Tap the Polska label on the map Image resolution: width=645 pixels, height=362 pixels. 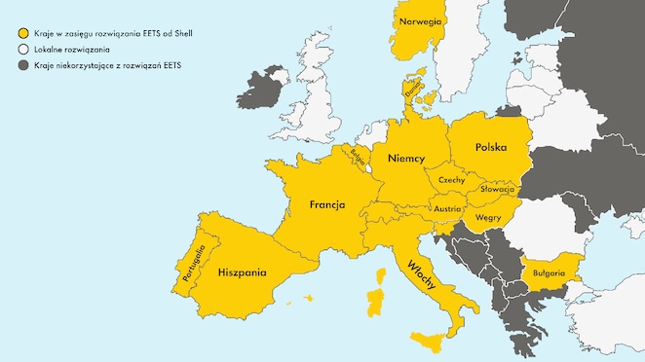(491, 147)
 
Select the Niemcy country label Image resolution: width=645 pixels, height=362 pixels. (404, 157)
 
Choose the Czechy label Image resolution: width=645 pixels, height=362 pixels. (451, 180)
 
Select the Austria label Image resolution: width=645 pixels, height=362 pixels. (447, 208)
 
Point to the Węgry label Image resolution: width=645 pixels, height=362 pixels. (487, 217)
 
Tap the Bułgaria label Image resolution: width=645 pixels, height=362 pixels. (549, 272)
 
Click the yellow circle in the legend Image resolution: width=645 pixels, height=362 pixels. (19, 33)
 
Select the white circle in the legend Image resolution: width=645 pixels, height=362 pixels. (19, 49)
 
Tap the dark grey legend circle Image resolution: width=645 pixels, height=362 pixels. (19, 65)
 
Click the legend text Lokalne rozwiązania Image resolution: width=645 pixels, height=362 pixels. (71, 49)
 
